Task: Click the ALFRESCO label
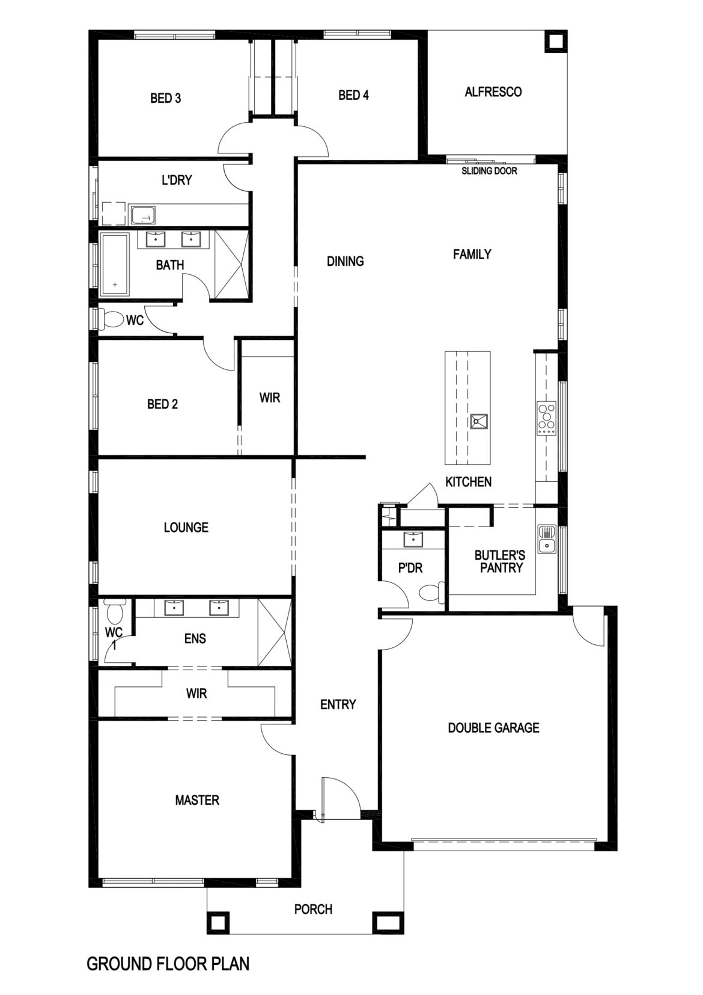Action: (x=493, y=92)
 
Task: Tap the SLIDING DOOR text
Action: (x=489, y=171)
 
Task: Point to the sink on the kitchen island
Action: (x=479, y=421)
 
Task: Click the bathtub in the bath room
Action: (x=115, y=265)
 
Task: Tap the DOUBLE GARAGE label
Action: (x=493, y=728)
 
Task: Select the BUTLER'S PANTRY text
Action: (x=500, y=561)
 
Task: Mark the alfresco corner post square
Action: (x=554, y=41)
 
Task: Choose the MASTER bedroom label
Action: (x=197, y=800)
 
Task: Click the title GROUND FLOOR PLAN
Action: (x=168, y=964)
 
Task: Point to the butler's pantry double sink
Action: (x=546, y=538)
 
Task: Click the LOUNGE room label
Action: (x=186, y=528)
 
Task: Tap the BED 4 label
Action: (x=353, y=95)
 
